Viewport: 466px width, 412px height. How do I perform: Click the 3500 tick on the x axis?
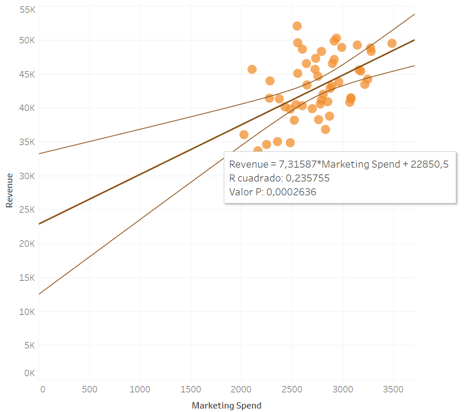[393, 389]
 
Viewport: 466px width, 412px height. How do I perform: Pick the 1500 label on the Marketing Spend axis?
[191, 389]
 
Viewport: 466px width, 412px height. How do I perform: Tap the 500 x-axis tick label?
[90, 389]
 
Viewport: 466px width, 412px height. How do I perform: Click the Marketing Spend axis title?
[227, 406]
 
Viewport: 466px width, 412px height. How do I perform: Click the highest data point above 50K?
[297, 26]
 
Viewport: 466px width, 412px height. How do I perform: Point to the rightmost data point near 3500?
[392, 43]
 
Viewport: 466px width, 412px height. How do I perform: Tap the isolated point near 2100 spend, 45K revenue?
[252, 69]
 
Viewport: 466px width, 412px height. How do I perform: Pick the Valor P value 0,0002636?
[291, 192]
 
